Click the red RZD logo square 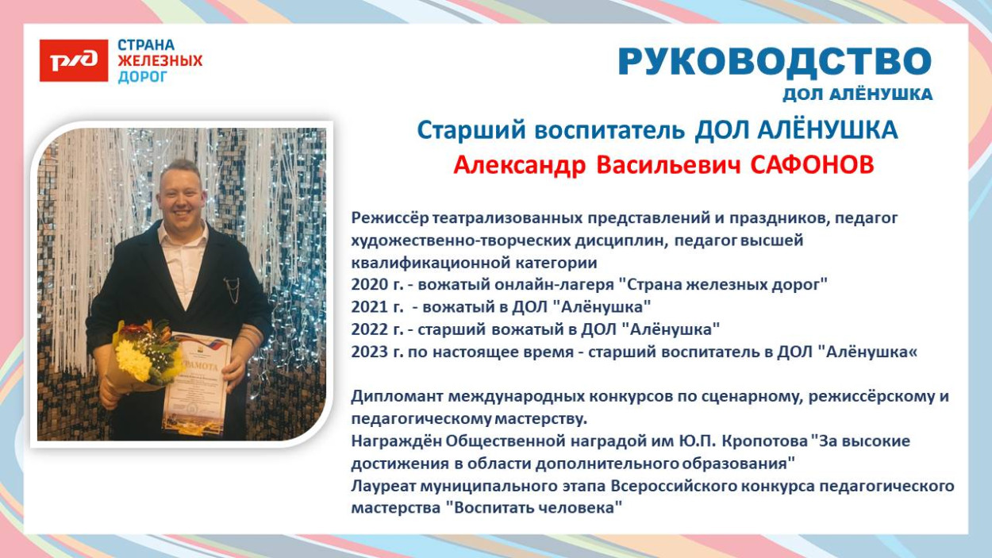[x=74, y=61]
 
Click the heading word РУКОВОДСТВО [x=774, y=62]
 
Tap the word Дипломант [x=394, y=396]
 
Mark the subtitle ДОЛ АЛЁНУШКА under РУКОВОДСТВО [x=857, y=95]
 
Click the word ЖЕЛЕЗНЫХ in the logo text [x=160, y=61]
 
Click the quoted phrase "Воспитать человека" [x=533, y=508]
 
